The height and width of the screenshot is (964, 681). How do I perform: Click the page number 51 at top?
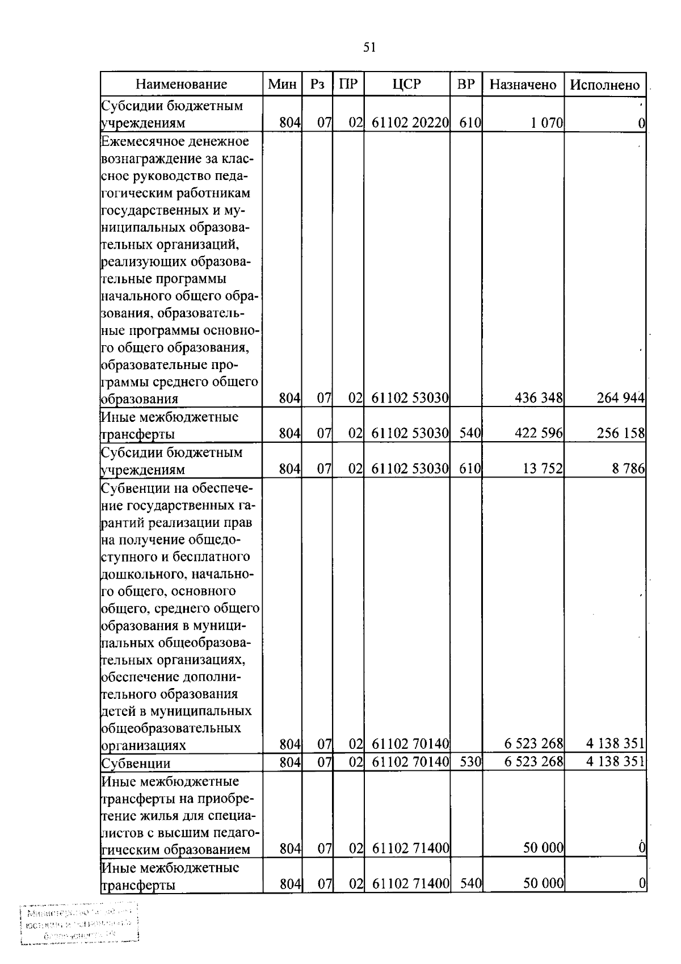369,48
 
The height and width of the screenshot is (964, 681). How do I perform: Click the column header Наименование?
181,85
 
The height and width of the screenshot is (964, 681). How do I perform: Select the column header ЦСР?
407,85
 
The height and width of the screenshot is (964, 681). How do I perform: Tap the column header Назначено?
523,85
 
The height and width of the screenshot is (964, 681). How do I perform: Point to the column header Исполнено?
604,85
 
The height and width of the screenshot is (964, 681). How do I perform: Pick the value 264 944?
620,398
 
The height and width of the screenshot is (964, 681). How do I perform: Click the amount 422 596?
539,434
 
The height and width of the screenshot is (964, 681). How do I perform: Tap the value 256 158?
620,434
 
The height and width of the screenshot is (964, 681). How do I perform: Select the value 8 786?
628,469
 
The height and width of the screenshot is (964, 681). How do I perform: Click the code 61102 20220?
410,123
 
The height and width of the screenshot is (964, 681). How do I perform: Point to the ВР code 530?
470,761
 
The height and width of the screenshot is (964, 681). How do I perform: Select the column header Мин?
282,85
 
